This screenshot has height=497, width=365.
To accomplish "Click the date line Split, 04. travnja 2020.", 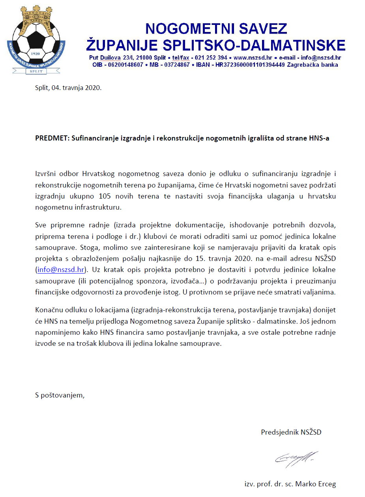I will point(68,88).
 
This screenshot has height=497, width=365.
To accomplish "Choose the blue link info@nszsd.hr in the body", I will point(61,270).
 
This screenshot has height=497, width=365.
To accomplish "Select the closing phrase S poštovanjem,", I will point(60,395).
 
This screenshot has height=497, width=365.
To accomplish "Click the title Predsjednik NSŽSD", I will point(291,432).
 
